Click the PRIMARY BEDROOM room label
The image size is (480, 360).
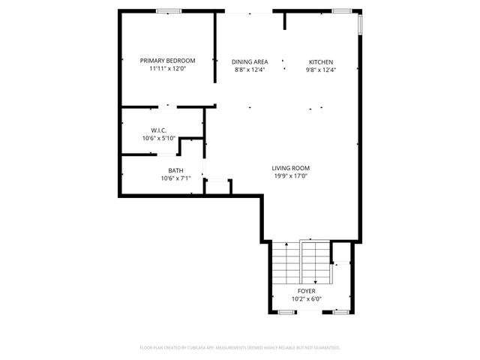pyautogui.click(x=167, y=61)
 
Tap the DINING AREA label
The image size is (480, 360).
pyautogui.click(x=250, y=62)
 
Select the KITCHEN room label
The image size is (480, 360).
pyautogui.click(x=321, y=62)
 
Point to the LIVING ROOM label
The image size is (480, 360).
pyautogui.click(x=291, y=168)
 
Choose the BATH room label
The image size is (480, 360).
pyautogui.click(x=175, y=170)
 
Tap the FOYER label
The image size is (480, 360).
pyautogui.click(x=306, y=290)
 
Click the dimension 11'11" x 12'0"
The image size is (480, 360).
pyautogui.click(x=167, y=69)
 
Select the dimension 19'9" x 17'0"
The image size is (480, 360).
pyautogui.click(x=291, y=176)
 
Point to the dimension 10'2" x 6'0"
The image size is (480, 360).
pyautogui.click(x=306, y=298)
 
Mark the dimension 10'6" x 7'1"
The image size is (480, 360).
pyautogui.click(x=175, y=178)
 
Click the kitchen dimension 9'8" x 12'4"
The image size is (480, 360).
pyautogui.click(x=321, y=70)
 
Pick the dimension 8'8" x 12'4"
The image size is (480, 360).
pyautogui.click(x=250, y=70)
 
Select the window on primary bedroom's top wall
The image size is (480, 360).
pyautogui.click(x=168, y=10)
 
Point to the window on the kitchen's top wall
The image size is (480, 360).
pyautogui.click(x=343, y=10)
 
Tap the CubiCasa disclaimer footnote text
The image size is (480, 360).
pyautogui.click(x=240, y=348)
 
